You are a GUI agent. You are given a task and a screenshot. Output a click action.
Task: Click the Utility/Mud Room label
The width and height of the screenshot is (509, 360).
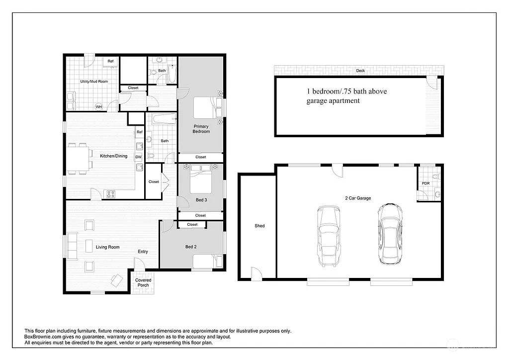tap(94, 81)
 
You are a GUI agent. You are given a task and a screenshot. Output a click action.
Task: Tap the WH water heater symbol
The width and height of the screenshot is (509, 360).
tap(98, 107)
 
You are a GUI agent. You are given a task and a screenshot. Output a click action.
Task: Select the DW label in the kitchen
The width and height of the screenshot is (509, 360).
tap(138, 157)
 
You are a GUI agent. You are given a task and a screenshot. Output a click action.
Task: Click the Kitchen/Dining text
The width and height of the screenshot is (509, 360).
tap(114, 156)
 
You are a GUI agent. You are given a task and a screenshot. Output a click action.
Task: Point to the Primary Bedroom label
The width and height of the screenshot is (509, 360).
tap(201, 129)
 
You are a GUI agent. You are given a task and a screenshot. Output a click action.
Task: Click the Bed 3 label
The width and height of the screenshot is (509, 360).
tap(201, 199)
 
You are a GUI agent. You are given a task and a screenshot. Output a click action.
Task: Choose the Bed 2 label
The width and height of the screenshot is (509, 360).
tap(191, 247)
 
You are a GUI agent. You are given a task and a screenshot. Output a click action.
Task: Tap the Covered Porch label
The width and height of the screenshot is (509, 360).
tap(143, 282)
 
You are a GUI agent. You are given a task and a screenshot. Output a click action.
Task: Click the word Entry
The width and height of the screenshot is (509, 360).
tap(143, 252)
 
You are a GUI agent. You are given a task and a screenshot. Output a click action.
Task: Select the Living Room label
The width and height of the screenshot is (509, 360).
tap(107, 247)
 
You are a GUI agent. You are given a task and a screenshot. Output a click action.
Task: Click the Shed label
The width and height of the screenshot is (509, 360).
tap(259, 226)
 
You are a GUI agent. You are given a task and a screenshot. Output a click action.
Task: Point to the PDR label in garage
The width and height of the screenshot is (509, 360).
tap(425, 183)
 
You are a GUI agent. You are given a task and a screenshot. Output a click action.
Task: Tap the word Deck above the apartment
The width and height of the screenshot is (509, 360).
tap(360, 71)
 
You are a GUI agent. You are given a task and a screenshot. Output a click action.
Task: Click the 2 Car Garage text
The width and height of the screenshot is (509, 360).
tap(358, 198)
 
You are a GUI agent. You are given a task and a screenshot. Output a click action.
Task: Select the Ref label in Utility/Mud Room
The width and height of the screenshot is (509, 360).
tap(110, 61)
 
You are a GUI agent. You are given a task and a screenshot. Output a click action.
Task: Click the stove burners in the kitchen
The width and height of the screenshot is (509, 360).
tap(110, 193)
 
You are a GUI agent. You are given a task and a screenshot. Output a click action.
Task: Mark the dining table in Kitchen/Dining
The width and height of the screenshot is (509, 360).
tap(80, 159)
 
